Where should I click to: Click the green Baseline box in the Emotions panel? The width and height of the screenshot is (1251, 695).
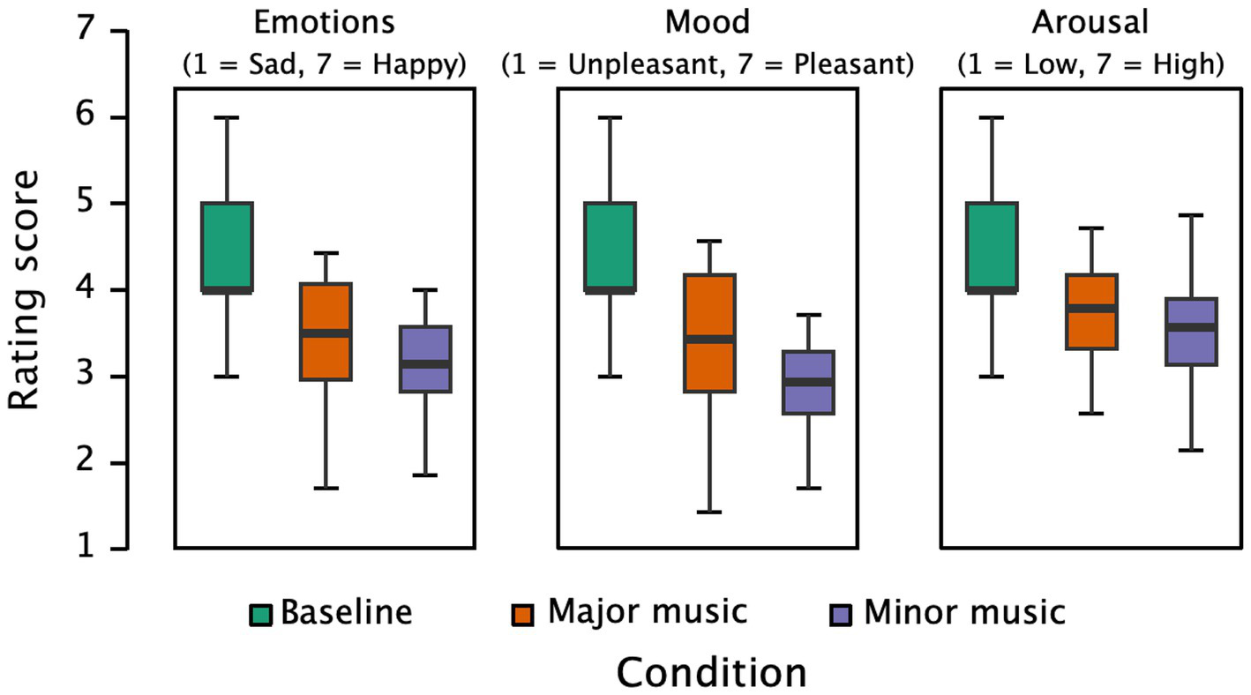point(228,247)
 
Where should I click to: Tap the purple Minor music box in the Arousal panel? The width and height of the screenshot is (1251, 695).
point(1192,332)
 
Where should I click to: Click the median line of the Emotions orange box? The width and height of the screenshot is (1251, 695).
point(326,333)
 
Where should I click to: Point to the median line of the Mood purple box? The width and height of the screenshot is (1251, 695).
point(808,382)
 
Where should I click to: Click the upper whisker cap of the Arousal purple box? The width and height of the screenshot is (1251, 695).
point(1192,215)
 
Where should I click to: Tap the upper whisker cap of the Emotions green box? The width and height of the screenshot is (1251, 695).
point(228,117)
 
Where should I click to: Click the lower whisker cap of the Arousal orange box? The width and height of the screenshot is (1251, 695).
point(1092,413)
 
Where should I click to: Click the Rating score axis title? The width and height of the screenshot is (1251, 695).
point(27,290)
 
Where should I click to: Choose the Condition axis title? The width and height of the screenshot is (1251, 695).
point(711,672)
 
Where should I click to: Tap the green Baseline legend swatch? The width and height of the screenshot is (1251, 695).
point(261,614)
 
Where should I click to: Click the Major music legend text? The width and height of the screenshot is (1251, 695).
point(647,611)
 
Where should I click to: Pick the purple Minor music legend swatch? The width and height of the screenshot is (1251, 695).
point(843,614)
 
